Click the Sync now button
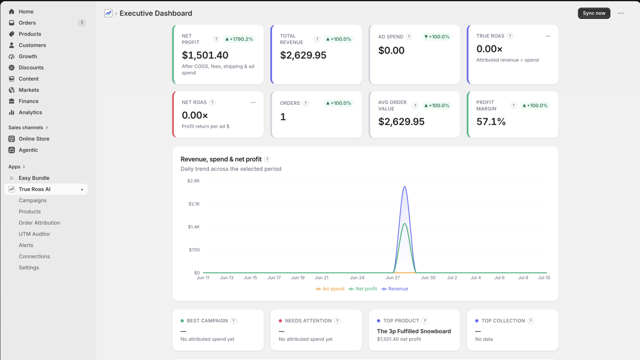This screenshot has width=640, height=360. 594,13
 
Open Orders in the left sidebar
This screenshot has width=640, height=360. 27,22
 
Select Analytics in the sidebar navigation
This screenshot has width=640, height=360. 30,112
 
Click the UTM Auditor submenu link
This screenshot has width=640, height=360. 34,234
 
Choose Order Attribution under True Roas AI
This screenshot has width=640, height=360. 40,222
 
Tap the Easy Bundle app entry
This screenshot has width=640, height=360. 34,178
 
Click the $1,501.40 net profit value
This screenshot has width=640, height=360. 205,55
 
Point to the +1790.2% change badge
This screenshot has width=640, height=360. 239,39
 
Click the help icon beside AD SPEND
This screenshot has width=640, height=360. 409,36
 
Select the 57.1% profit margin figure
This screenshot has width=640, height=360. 491,122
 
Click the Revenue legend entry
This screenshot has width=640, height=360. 394,288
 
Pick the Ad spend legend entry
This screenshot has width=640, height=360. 330,288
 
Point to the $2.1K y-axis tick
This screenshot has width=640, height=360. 194,204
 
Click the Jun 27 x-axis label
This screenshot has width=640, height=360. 392,278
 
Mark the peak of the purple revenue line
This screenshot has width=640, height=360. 404,186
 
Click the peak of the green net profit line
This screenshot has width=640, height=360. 404,224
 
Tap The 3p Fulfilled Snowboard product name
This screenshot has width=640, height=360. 414,331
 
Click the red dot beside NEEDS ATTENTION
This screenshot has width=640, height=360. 280,321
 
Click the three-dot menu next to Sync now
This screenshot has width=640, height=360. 620,13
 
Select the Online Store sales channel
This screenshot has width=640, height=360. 34,138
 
